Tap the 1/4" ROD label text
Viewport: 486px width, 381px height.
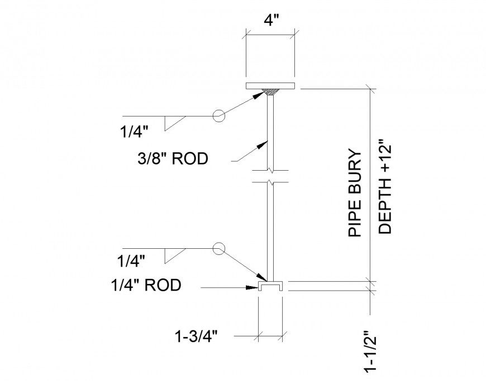tap(145, 286)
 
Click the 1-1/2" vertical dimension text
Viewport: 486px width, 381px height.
tap(370, 352)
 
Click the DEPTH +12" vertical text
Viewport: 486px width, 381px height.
tap(385, 187)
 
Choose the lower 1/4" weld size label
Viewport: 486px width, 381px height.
tap(132, 260)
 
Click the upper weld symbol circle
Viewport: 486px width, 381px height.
tap(218, 115)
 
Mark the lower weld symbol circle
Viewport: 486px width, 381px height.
tap(218, 248)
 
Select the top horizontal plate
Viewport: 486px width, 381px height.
tap(270, 86)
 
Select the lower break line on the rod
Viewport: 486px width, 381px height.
tap(270, 182)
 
